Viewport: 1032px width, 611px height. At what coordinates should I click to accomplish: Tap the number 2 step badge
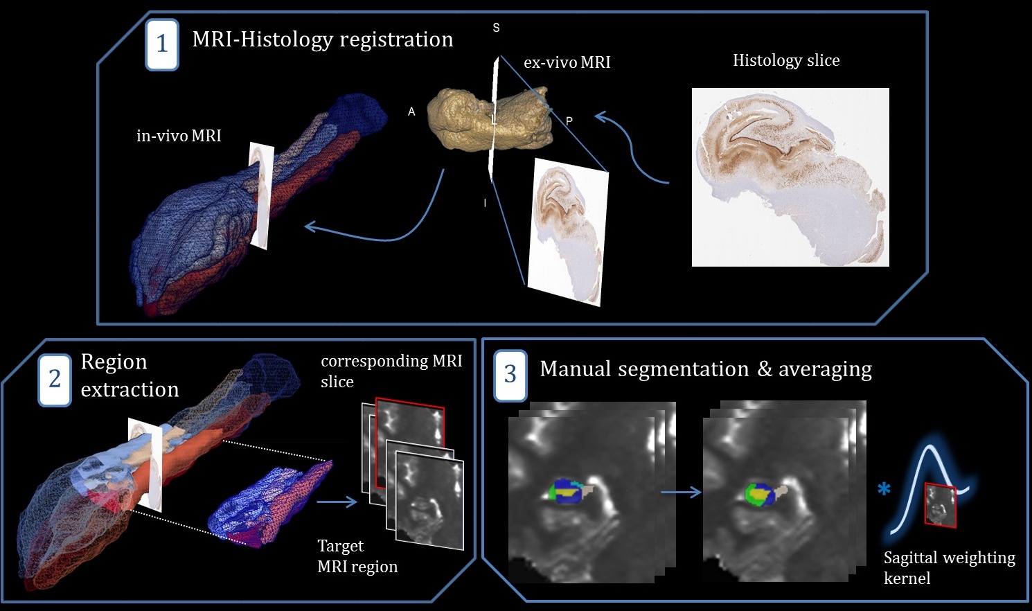coord(55,379)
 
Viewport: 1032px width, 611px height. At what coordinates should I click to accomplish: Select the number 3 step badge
coord(510,375)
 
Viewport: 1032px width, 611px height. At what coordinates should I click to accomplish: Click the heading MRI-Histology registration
coord(323,39)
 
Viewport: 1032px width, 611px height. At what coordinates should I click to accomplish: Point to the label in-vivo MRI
coord(179,136)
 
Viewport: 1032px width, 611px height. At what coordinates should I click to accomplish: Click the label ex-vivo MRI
coord(567,62)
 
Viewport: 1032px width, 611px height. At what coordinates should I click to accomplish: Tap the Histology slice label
coord(786,61)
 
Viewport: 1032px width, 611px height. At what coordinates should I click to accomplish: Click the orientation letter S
coord(496,28)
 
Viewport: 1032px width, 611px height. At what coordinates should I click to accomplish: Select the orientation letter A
coord(411,112)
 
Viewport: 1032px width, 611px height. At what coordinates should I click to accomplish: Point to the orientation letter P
coord(569,121)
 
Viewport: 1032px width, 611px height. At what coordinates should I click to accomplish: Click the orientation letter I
coord(485,203)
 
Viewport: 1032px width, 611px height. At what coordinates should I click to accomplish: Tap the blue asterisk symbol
coord(884,490)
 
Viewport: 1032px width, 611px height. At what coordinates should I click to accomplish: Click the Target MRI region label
coord(357,556)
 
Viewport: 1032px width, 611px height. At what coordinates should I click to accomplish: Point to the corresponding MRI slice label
coord(391,371)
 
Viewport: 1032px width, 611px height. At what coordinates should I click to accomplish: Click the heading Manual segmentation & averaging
coord(706,369)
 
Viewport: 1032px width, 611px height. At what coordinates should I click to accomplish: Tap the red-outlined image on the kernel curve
coord(941,506)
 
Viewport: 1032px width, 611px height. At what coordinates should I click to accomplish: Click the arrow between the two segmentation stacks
coord(681,493)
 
